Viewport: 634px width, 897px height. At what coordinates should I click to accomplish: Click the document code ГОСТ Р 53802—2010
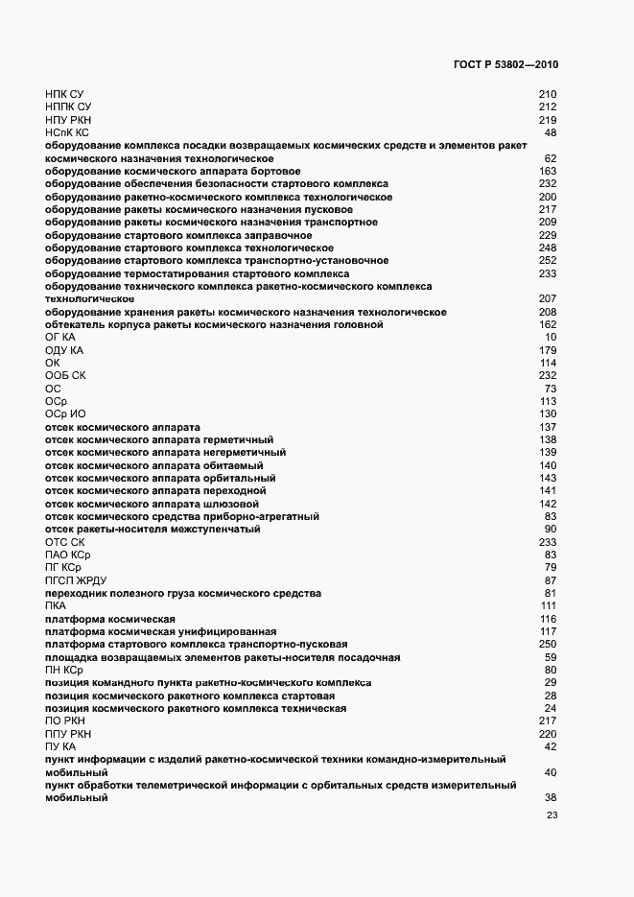[505, 65]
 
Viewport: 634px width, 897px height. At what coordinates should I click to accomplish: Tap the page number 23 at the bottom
[552, 816]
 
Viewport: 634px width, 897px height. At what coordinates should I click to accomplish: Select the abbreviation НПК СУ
[64, 94]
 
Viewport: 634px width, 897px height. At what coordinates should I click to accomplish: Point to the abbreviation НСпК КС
[67, 132]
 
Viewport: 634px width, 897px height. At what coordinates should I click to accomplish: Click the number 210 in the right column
[548, 94]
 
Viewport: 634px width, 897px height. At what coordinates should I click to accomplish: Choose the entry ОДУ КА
[65, 350]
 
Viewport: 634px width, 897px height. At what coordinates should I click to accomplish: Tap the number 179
[548, 350]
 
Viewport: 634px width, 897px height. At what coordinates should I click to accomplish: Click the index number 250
[548, 644]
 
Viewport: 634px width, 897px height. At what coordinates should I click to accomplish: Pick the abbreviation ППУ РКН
[68, 733]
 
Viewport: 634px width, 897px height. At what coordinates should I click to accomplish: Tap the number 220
[548, 733]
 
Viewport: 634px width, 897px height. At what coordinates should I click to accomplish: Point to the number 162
[548, 324]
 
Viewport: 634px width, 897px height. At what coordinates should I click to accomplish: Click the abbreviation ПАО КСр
[67, 555]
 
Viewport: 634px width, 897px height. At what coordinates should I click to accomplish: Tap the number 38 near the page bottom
[551, 797]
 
